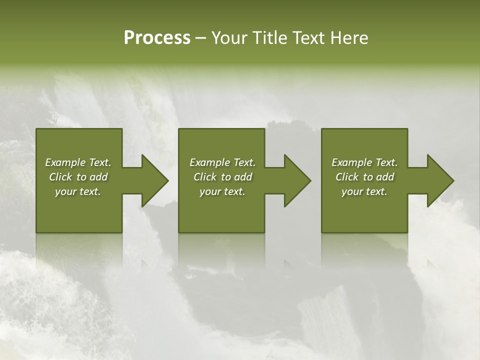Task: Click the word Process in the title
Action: (x=157, y=38)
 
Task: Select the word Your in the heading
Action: (x=230, y=38)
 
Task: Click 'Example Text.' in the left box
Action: (x=78, y=162)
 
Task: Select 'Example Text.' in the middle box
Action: (x=222, y=162)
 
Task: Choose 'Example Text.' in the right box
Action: (x=364, y=162)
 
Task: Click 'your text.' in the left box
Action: (x=78, y=191)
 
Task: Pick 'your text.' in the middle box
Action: (x=222, y=191)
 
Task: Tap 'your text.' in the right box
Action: (x=364, y=191)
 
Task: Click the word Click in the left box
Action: (x=60, y=177)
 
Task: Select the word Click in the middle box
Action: (x=205, y=177)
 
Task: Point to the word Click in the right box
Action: (x=347, y=177)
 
